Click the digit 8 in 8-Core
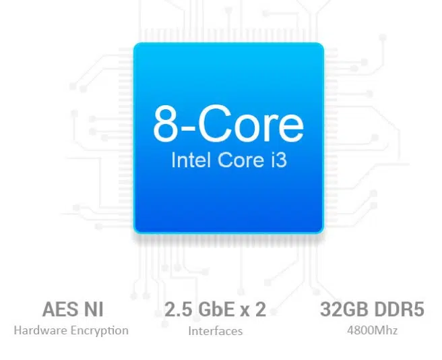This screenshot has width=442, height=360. tap(166, 124)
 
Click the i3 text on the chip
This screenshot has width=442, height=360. tap(279, 160)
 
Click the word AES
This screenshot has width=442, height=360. tap(60, 309)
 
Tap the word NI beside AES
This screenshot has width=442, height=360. tap(94, 309)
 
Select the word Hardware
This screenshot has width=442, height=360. tap(40, 330)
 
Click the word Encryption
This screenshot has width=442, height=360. tap(100, 330)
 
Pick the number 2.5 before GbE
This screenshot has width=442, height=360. tap(179, 309)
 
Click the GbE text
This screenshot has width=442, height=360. tap(216, 309)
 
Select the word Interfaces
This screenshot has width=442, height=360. tap(216, 331)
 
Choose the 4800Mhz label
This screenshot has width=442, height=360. tap(373, 330)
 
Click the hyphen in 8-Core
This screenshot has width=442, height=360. tap(187, 129)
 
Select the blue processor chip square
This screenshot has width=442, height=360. tap(228, 138)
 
